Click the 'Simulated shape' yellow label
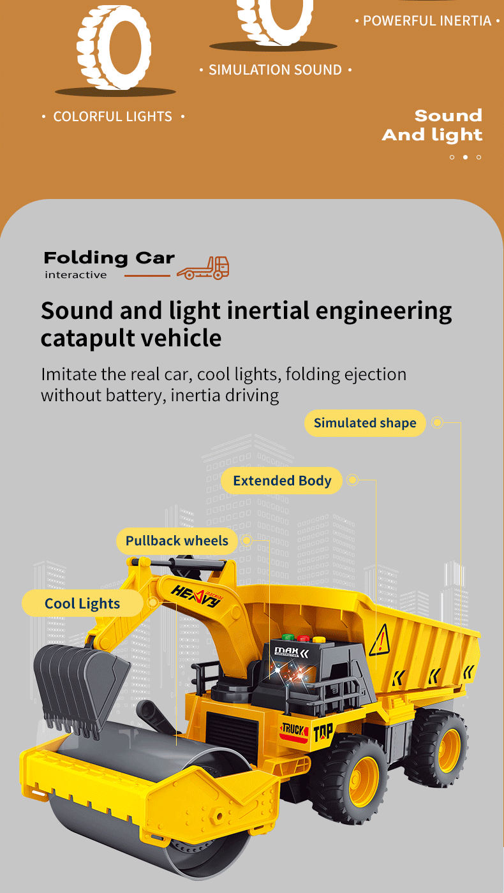[364, 423]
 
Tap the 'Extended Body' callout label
[282, 481]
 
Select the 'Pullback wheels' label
[177, 541]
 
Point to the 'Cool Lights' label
[82, 603]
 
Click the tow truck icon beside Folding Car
[203, 268]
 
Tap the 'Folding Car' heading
[109, 258]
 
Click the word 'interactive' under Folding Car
[76, 275]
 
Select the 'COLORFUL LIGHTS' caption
[113, 117]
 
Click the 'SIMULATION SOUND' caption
[275, 70]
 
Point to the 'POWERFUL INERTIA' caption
[427, 21]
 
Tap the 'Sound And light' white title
[433, 125]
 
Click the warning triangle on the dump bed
[380, 640]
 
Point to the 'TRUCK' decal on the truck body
[294, 729]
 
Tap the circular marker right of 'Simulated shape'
[437, 422]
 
